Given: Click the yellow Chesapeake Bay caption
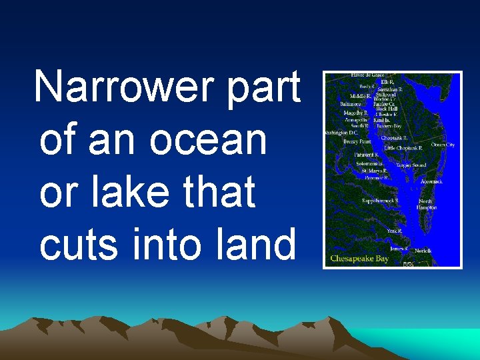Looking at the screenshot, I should [x=359, y=258].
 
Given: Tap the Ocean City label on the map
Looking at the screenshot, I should [x=443, y=145].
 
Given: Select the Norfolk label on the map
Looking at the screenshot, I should [x=423, y=251].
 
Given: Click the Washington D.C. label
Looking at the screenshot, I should [x=341, y=133].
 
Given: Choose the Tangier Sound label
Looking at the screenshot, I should [x=411, y=165].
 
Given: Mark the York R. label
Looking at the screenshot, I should [x=394, y=231].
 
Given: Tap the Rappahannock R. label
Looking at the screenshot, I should [x=380, y=200].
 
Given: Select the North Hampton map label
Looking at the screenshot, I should [x=427, y=204].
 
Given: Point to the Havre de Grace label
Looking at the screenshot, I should [x=365, y=75].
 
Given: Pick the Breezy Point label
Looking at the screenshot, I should [x=357, y=141].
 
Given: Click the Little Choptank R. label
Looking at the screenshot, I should [x=403, y=148].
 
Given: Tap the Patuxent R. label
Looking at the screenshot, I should [x=366, y=155].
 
